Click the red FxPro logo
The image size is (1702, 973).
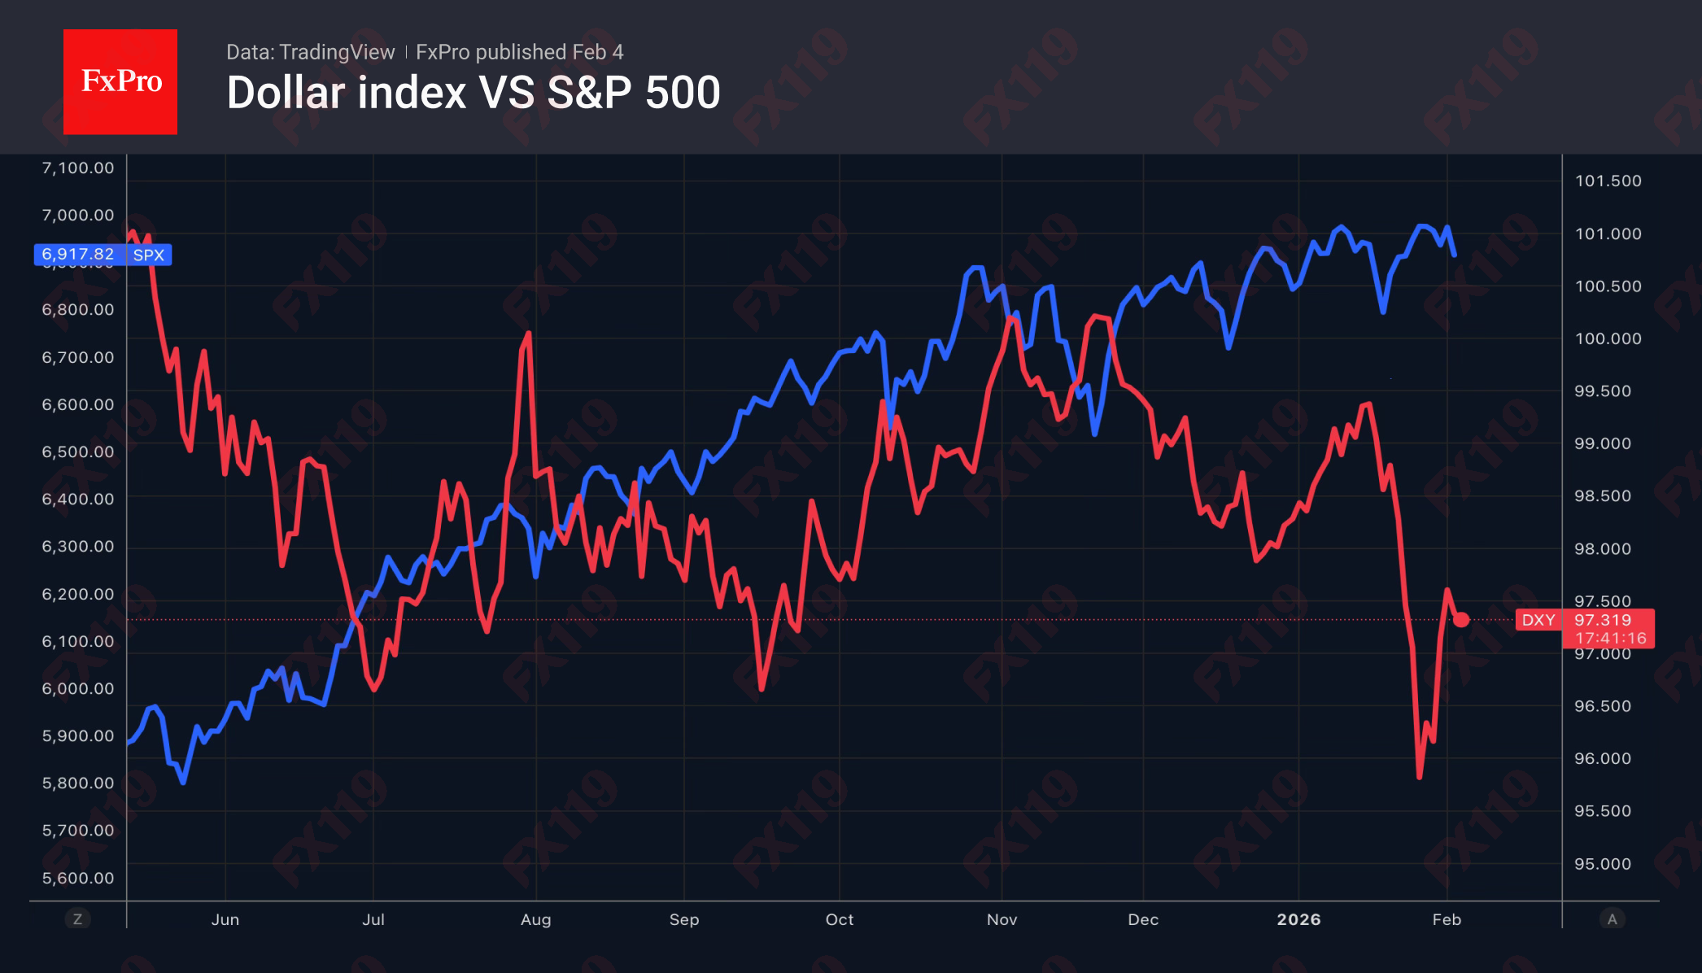click(x=120, y=81)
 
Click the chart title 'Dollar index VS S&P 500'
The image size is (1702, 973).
click(x=474, y=93)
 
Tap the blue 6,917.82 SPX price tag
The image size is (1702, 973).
click(x=103, y=255)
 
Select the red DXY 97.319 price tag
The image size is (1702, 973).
click(x=1584, y=628)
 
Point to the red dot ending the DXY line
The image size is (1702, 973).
click(x=1461, y=620)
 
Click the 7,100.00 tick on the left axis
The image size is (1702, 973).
click(x=78, y=168)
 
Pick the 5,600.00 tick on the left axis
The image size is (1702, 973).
click(x=78, y=878)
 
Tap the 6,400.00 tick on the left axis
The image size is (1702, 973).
click(x=78, y=499)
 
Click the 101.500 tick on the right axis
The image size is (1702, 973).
click(x=1608, y=181)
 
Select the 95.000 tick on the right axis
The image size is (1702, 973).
click(x=1602, y=864)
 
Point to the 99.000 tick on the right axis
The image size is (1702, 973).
click(x=1602, y=443)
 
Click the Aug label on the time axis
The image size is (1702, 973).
click(x=535, y=919)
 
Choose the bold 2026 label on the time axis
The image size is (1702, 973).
click(x=1298, y=919)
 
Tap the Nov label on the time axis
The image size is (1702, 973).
click(x=1002, y=919)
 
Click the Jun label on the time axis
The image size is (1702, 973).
click(x=225, y=919)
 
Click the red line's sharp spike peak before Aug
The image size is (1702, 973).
click(x=529, y=334)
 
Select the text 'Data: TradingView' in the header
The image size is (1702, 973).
click(x=310, y=52)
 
